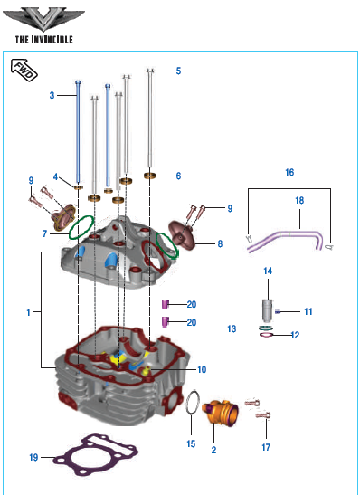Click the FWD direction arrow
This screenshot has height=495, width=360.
pos(24,70)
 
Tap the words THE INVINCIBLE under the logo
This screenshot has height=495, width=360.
pos(43,40)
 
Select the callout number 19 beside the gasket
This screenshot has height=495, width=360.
pos(34,457)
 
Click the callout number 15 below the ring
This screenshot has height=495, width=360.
pos(191,443)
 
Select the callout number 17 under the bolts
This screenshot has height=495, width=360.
pos(266,447)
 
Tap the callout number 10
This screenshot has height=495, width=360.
pos(202,369)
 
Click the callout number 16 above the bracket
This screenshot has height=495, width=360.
pos(289,172)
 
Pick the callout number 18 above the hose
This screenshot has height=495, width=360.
pos(299,200)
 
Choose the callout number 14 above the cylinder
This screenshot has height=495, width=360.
pos(268,271)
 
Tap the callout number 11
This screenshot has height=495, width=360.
pos(308,312)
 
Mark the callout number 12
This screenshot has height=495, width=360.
pos(295,335)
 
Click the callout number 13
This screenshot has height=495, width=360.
pos(232,328)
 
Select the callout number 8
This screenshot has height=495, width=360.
pos(220,243)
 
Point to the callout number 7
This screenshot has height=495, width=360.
pos(44,233)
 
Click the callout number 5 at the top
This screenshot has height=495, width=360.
pos(178,71)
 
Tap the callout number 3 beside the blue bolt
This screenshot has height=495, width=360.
pos(52,95)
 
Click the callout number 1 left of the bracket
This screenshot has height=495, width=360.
pos(28,312)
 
